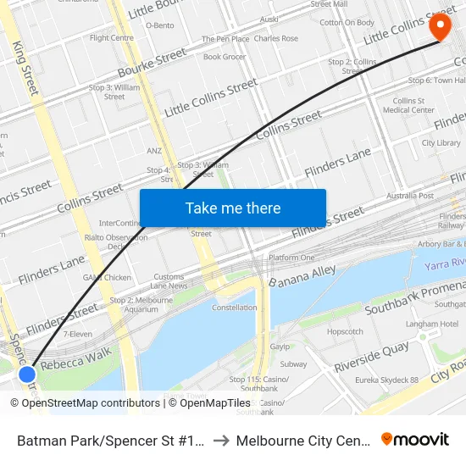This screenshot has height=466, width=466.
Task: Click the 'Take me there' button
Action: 233,208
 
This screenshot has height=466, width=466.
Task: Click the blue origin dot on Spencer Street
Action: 27,374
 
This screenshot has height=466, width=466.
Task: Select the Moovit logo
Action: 415,439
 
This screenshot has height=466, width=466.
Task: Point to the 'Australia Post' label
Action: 410,196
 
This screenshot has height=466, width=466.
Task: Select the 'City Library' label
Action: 441,143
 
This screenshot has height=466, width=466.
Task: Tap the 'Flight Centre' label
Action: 112,38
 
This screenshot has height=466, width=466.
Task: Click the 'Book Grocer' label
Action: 225,57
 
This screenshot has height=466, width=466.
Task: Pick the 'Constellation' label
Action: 235,308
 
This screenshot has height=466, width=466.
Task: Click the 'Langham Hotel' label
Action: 433,324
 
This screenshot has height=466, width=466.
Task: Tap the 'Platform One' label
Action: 291,258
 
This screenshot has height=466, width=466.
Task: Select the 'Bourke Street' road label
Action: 152,62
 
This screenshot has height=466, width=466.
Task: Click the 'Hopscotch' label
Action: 345,332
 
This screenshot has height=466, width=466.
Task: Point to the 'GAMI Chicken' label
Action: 107,277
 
